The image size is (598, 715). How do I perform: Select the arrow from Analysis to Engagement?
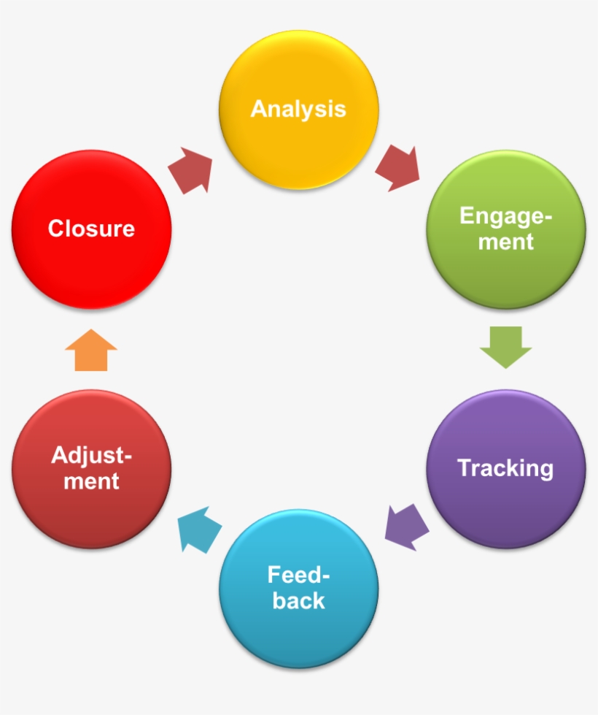[x=398, y=169]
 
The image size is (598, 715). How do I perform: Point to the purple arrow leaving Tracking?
[x=406, y=527]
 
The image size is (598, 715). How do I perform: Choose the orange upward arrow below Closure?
[x=91, y=351]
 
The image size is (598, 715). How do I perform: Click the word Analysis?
[x=298, y=109]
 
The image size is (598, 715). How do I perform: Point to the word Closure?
[x=92, y=229]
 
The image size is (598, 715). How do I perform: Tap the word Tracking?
[x=505, y=467]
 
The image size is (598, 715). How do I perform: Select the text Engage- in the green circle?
[x=506, y=216]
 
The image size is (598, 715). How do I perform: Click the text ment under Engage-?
[x=506, y=242]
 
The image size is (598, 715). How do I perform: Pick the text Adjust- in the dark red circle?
[x=92, y=456]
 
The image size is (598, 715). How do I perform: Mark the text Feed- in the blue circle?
[x=299, y=575]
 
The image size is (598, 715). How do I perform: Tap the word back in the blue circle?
[x=299, y=600]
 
